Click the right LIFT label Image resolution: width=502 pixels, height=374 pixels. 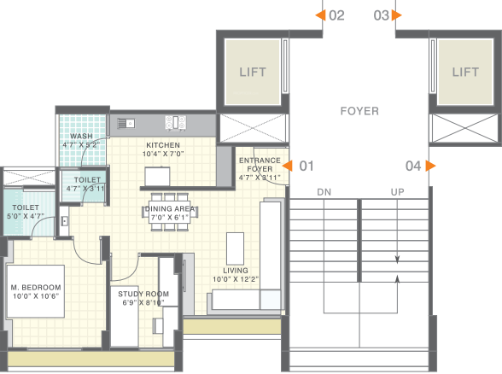click(465, 73)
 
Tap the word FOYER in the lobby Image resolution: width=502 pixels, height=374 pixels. click(359, 111)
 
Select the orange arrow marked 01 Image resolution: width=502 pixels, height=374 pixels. click(289, 166)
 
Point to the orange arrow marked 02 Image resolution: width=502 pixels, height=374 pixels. click(319, 15)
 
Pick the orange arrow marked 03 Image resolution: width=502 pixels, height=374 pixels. click(398, 15)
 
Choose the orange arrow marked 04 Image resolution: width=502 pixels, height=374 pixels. click(431, 166)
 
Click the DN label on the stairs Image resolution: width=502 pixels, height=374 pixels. click(324, 192)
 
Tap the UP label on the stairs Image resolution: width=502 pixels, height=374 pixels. click(397, 192)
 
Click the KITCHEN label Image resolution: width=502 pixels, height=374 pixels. click(163, 145)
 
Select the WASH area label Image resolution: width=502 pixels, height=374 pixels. click(82, 136)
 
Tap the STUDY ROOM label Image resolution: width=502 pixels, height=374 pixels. click(143, 294)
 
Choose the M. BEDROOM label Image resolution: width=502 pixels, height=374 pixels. click(35, 286)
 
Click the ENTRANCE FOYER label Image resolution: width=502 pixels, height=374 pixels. click(259, 165)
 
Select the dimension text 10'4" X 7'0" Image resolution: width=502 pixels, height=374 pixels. click(163, 155)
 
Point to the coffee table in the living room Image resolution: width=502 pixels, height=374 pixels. click(235, 248)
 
